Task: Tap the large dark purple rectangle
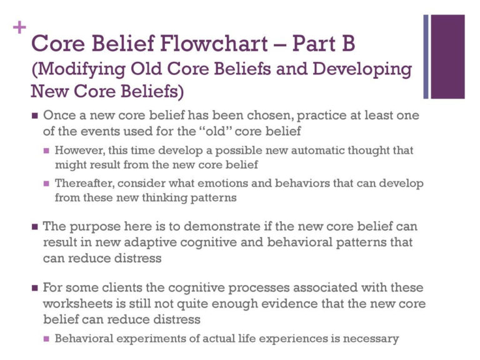448,56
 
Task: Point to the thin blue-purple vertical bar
426,56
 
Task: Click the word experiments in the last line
141,339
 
